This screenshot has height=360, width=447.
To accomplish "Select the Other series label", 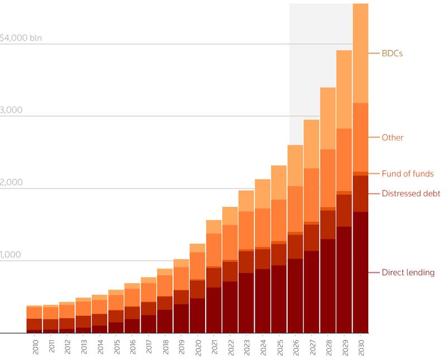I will pos(392,137).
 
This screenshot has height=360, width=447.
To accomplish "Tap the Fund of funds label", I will pos(407,174).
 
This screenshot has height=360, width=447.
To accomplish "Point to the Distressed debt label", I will pos(411,194).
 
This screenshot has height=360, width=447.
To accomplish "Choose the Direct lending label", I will pos(407,272).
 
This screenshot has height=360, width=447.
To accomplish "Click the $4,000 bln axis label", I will pos(21,39).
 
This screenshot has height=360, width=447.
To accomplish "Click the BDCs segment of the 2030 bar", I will pos(360,53).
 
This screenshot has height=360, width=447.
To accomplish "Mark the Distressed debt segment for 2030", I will pos(360,193).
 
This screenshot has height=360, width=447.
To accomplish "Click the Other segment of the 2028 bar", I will pos(328,178).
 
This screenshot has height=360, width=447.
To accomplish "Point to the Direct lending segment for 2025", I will pos(279,299).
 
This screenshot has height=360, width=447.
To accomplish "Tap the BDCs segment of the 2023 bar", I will pos(246,200).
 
